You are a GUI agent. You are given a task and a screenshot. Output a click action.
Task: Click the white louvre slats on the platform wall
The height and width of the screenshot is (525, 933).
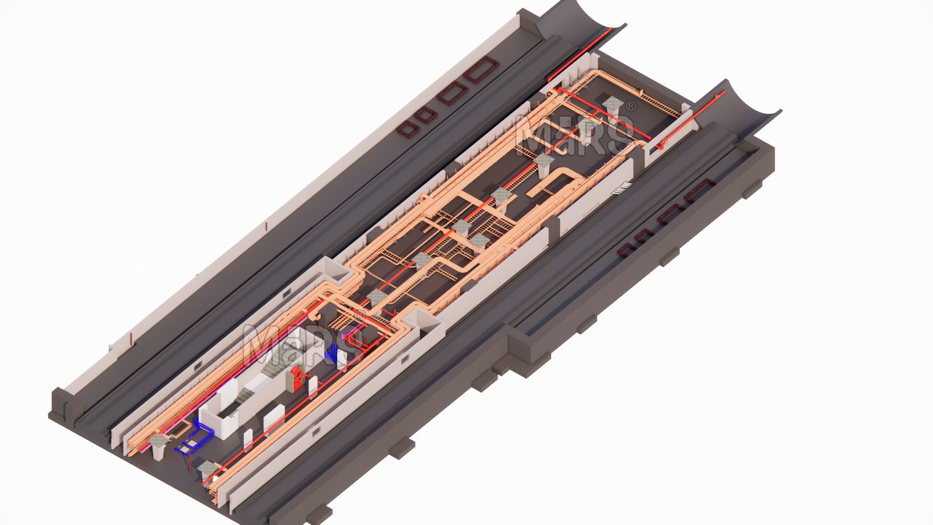point(622,188)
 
